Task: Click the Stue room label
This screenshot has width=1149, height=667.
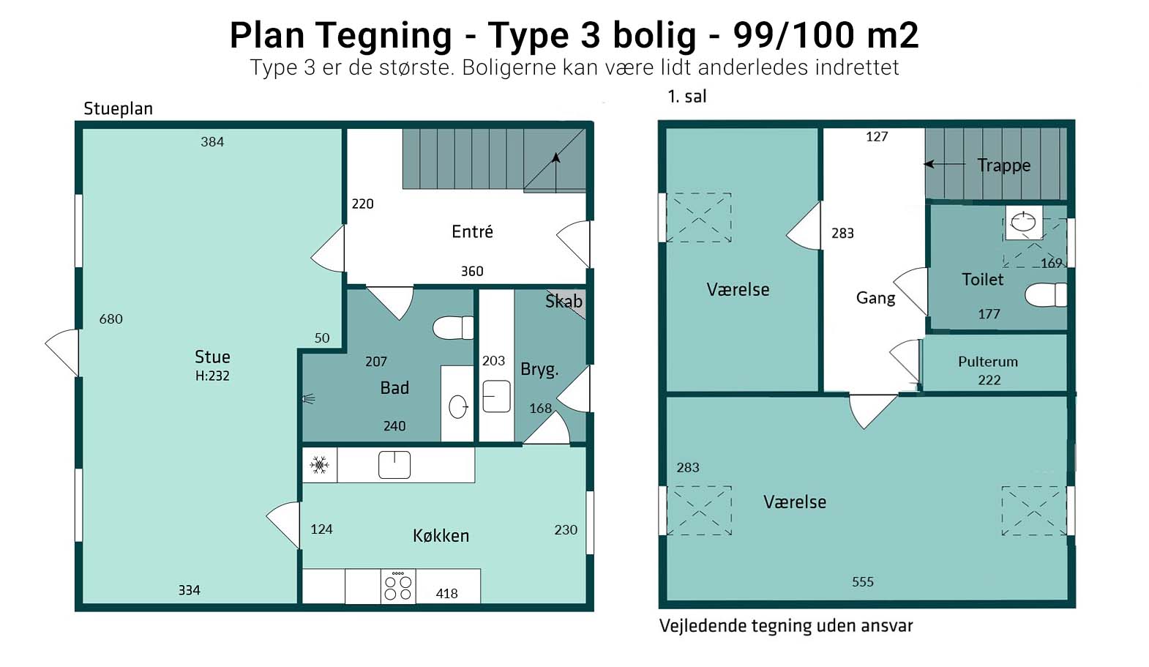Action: pos(212,357)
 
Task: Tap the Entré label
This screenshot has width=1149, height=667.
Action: pos(473,231)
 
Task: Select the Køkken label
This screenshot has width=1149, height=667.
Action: pos(441,536)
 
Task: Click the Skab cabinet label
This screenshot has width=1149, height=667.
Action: pos(564,301)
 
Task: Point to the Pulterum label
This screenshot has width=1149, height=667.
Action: pos(988,361)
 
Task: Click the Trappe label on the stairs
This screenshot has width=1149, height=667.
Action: pos(1004,165)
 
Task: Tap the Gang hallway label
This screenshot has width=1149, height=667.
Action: pos(875,297)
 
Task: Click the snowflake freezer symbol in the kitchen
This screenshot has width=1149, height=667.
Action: pos(319,466)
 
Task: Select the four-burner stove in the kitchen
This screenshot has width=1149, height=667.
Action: pos(398,586)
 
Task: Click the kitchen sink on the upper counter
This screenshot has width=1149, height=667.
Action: pos(394,465)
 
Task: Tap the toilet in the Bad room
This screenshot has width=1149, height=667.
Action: pos(453,327)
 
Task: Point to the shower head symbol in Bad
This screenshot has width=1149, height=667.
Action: pos(308,398)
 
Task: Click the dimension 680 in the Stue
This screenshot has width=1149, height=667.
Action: pos(111,319)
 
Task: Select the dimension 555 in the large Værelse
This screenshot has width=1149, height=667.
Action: pos(863,582)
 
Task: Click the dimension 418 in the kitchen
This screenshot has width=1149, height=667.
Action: pos(446,594)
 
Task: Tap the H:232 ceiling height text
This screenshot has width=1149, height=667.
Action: pos(212,376)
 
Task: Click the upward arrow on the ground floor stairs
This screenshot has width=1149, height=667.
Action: pos(555,172)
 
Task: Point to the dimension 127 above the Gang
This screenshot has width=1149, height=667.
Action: pos(877,136)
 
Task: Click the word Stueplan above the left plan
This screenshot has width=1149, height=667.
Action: pos(119,109)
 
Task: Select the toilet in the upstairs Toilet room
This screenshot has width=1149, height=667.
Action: pos(1046,295)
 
